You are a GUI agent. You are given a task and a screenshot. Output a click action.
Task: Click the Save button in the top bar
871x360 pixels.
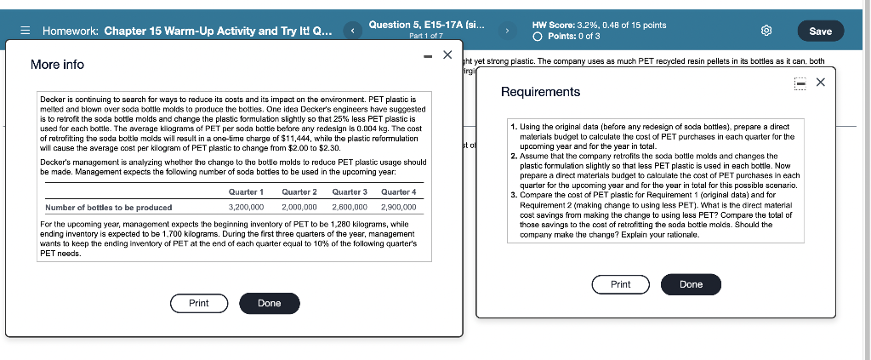pyautogui.click(x=820, y=31)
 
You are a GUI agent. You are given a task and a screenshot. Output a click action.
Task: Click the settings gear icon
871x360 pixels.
pyautogui.click(x=766, y=31)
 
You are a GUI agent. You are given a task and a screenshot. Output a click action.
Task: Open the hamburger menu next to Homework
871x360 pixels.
pyautogui.click(x=26, y=31)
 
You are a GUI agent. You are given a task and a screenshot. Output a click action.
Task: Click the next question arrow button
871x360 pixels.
pyautogui.click(x=507, y=31)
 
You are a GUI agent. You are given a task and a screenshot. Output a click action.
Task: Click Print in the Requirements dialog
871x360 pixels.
pyautogui.click(x=620, y=284)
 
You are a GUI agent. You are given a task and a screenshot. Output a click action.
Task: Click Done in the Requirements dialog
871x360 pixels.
pyautogui.click(x=691, y=284)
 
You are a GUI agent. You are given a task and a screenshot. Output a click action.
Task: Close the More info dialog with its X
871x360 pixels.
pyautogui.click(x=447, y=55)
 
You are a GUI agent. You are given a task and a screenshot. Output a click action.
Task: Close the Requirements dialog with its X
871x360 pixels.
pyautogui.click(x=820, y=83)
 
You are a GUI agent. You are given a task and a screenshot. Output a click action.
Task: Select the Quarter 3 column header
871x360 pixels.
pyautogui.click(x=350, y=192)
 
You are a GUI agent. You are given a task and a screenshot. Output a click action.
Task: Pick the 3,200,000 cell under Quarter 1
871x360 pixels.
pyautogui.click(x=246, y=207)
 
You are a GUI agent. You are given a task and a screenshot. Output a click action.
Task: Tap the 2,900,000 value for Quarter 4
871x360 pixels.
pyautogui.click(x=399, y=207)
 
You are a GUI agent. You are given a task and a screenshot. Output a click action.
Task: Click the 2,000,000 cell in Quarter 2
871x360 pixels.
pyautogui.click(x=299, y=207)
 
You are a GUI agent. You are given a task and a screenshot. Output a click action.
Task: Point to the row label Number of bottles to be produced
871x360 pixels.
pyautogui.click(x=108, y=207)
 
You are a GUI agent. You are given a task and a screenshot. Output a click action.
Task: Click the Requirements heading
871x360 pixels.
pyautogui.click(x=540, y=92)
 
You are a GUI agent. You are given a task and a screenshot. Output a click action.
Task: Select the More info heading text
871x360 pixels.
pyautogui.click(x=57, y=65)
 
